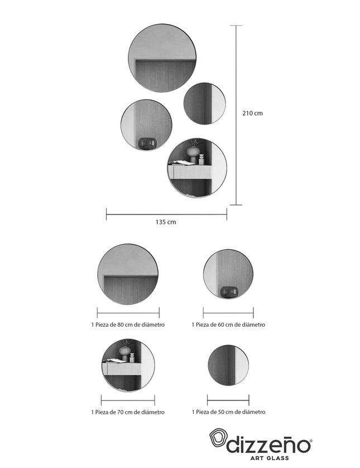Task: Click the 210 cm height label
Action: tap(252, 113)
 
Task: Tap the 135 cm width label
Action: tap(166, 222)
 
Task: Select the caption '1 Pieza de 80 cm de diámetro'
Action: tap(128, 324)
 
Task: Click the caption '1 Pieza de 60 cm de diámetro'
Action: tap(228, 324)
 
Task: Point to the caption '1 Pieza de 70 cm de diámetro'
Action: tap(128, 412)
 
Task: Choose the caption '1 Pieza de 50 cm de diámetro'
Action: tap(228, 412)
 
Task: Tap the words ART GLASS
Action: tap(269, 458)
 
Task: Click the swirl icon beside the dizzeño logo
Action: tap(218, 438)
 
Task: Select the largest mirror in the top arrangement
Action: tap(162, 58)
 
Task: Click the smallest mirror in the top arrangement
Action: tap(205, 103)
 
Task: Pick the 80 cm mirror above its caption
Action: tap(128, 274)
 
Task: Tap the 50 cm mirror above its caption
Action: tap(228, 365)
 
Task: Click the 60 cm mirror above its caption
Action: tap(228, 274)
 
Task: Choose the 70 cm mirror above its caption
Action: tap(128, 365)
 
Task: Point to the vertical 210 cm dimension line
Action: tap(237, 115)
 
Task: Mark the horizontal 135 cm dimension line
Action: tap(166, 214)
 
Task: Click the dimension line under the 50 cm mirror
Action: tap(228, 400)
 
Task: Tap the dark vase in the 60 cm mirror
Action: tap(229, 292)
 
